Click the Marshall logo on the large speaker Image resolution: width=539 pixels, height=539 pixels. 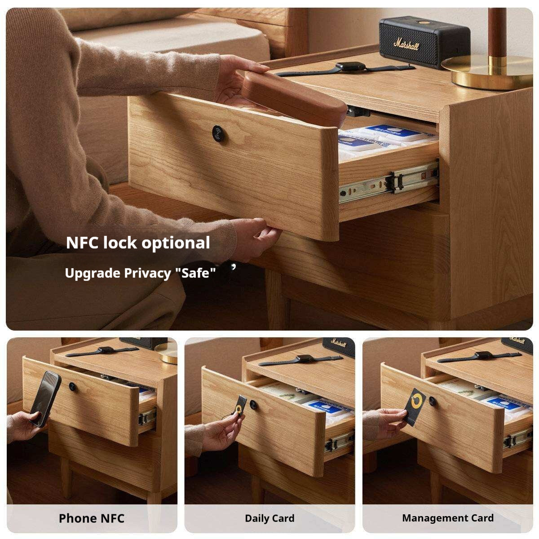406,44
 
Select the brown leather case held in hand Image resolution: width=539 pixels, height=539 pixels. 295,98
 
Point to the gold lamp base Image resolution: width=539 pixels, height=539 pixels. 487,72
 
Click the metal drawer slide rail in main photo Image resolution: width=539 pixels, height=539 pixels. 389,182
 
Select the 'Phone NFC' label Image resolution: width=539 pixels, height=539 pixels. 92,518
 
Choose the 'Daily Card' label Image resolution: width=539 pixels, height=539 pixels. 269,518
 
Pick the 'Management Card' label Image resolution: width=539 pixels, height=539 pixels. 447,518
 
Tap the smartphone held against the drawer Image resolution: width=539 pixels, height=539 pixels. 45,399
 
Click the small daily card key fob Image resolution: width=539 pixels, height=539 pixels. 240,405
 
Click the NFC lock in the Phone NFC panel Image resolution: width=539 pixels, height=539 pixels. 72,386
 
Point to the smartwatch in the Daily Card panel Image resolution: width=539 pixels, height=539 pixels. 300,359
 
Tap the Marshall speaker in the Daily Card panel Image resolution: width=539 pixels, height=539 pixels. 339,346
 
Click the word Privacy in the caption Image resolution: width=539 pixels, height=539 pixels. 147,273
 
